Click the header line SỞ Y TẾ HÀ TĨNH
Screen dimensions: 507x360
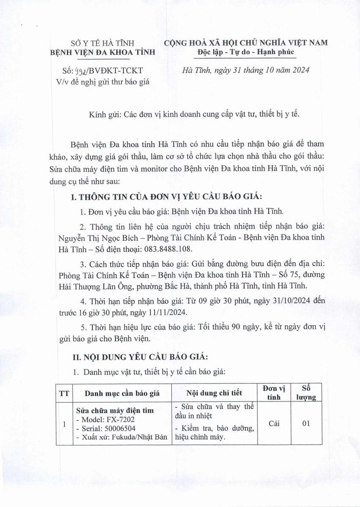click(x=102, y=43)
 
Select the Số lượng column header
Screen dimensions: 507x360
click(x=306, y=393)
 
